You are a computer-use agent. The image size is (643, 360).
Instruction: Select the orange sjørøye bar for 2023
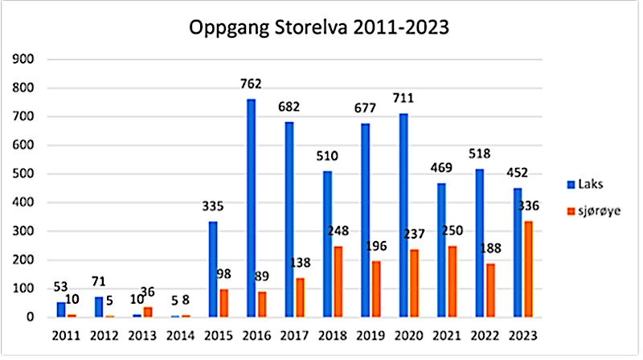(527, 269)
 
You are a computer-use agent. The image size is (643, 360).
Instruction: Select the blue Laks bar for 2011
(61, 309)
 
